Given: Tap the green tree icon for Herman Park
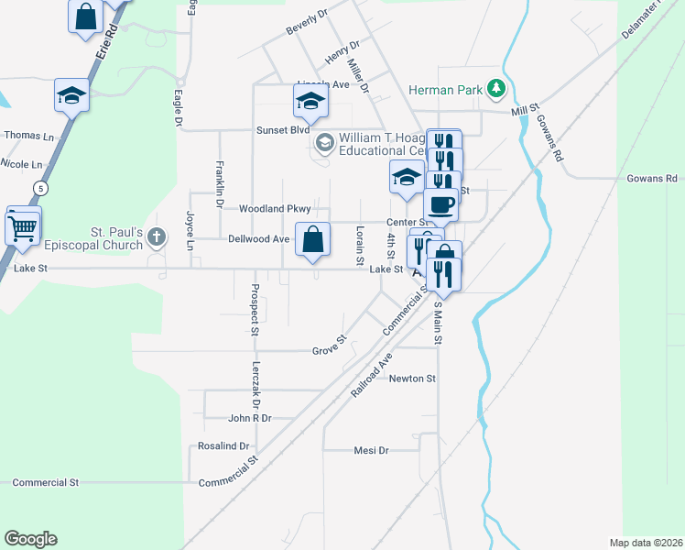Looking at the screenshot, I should click(496, 88).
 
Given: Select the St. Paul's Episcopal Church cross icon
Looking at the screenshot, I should click(157, 237).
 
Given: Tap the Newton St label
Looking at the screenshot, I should click(411, 378).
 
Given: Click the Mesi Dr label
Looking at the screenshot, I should click(371, 451).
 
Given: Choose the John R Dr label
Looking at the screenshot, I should click(250, 418).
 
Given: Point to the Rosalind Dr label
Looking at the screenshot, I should click(223, 446).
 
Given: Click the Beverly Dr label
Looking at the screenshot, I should click(307, 24).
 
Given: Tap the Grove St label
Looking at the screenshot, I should click(328, 347).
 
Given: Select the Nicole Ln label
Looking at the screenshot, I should click(22, 164).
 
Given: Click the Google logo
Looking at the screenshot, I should click(30, 539).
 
